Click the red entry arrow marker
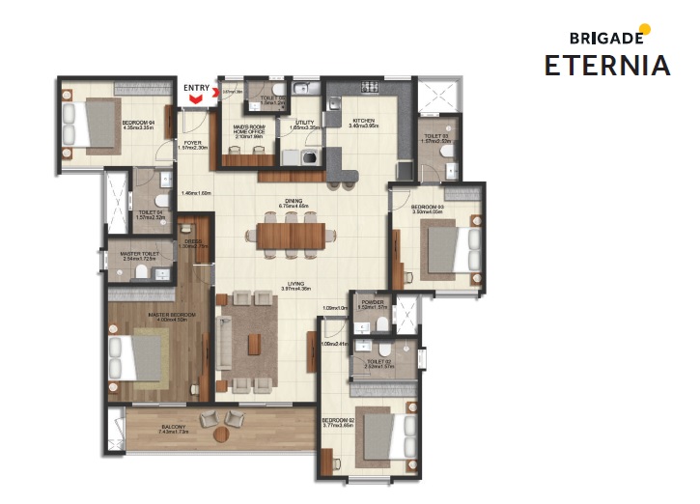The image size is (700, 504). click(x=197, y=98)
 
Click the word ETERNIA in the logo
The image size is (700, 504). click(x=606, y=66)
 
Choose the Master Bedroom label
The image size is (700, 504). click(x=172, y=317)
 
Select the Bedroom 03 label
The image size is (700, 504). click(x=427, y=210)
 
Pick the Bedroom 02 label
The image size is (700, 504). click(x=338, y=422)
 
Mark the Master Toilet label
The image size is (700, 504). click(x=139, y=256)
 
